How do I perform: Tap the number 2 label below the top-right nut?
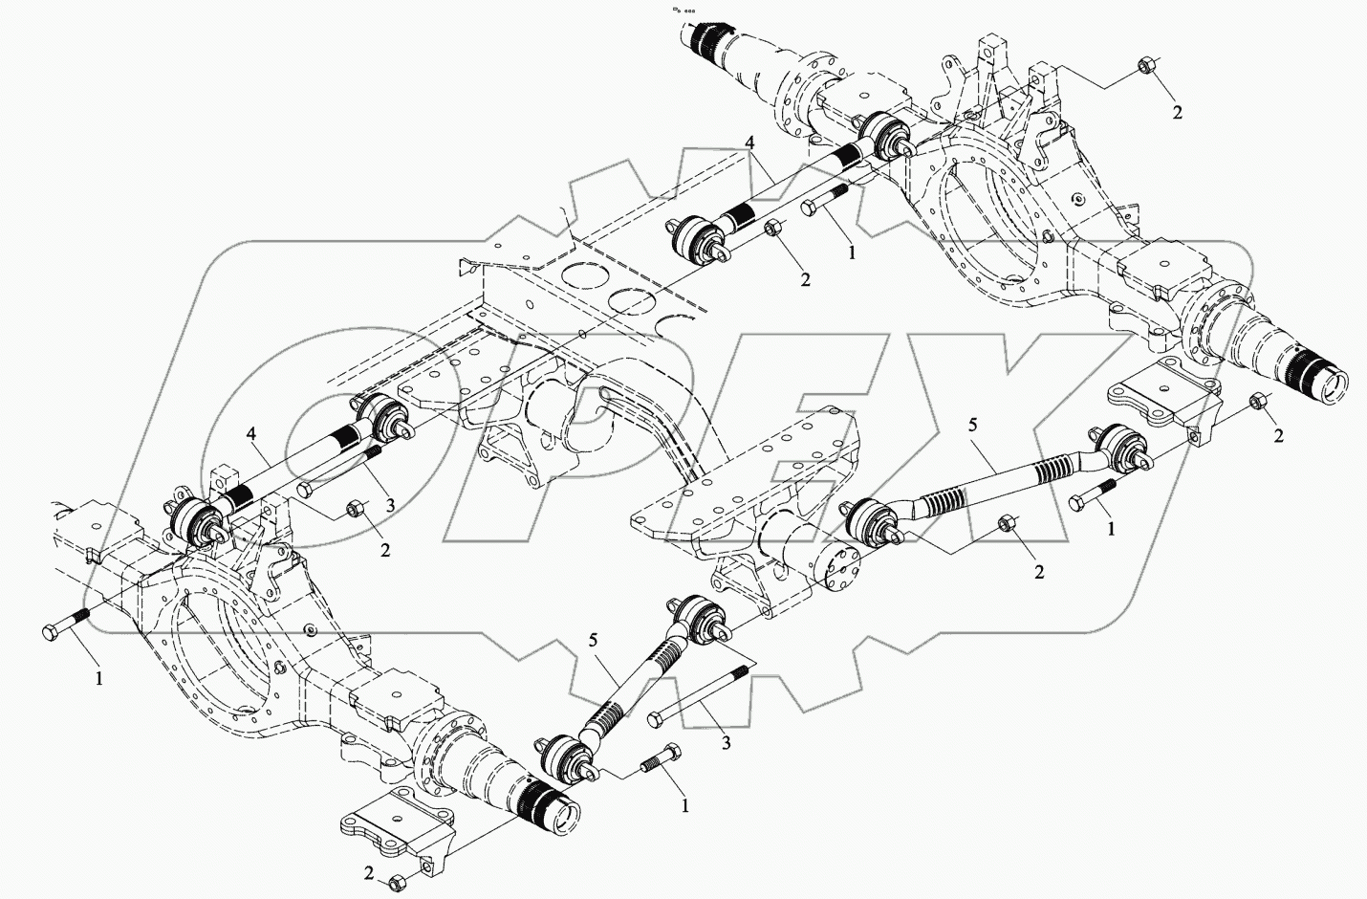tap(1178, 112)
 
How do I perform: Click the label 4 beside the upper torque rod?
tap(751, 143)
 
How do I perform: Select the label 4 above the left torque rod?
tap(251, 435)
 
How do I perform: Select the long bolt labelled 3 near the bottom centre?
tap(698, 694)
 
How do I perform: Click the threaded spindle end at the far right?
tap(1324, 380)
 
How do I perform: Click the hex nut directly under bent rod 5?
tap(1006, 523)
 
